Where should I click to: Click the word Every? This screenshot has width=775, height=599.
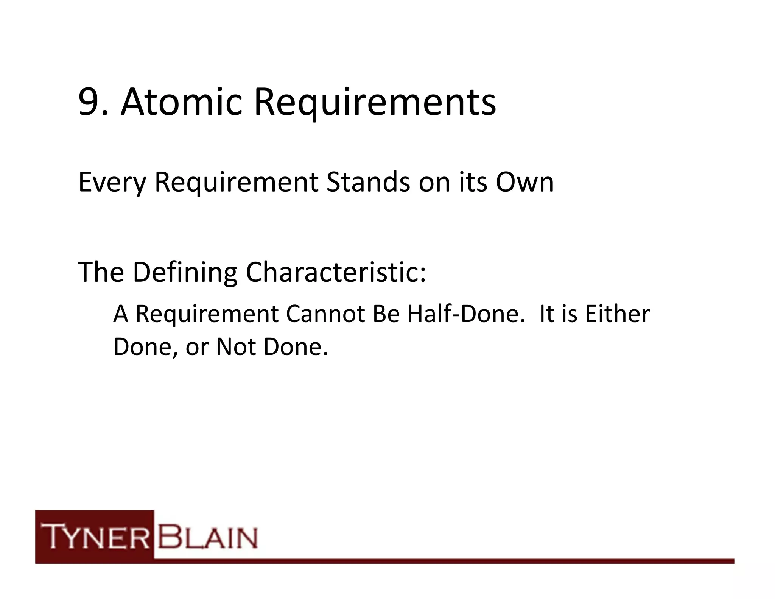112,183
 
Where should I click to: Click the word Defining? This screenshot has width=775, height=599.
185,272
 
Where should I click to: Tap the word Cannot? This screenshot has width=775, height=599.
325,314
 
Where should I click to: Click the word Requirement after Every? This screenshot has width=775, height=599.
237,183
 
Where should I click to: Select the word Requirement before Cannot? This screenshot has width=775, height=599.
207,315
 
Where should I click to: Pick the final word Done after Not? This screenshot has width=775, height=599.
295,346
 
